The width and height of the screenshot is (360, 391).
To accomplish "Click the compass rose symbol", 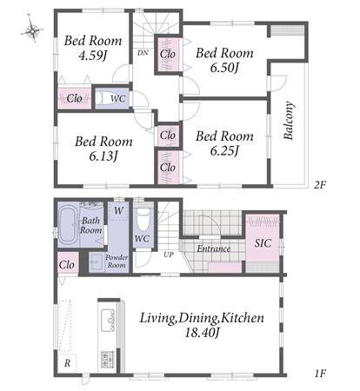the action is pyautogui.click(x=32, y=30).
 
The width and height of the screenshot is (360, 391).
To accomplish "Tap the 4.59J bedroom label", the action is pyautogui.click(x=93, y=48).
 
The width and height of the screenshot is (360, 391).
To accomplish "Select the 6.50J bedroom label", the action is pyautogui.click(x=224, y=61).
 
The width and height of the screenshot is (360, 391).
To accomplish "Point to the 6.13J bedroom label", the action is pyautogui.click(x=103, y=149).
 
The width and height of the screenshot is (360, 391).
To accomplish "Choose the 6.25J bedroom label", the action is pyautogui.click(x=224, y=143).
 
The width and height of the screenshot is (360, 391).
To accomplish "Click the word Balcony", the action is pyautogui.click(x=289, y=121).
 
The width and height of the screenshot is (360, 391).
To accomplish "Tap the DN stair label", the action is pyautogui.click(x=143, y=53).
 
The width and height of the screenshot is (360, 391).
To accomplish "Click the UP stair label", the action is pyautogui.click(x=169, y=255).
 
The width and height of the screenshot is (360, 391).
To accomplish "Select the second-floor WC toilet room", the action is pyautogui.click(x=112, y=98).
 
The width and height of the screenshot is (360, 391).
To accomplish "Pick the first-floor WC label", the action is pyautogui.click(x=143, y=239).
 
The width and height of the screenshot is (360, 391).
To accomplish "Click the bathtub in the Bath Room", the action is pyautogui.click(x=69, y=225).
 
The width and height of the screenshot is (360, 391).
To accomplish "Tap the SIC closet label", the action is pyautogui.click(x=263, y=243).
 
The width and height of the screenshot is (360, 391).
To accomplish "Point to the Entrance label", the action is pyautogui.click(x=214, y=249).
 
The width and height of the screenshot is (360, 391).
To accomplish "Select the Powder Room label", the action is pyautogui.click(x=117, y=261).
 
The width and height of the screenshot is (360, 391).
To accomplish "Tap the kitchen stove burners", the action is pyautogui.click(x=107, y=359).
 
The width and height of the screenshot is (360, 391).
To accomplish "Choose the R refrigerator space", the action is pyautogui.click(x=67, y=363).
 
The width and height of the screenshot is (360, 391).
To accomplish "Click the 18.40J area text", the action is pyautogui.click(x=202, y=333).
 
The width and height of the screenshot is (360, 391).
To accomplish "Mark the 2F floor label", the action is pyautogui.click(x=320, y=184).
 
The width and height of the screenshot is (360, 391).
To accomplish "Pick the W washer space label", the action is pyautogui.click(x=118, y=210).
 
